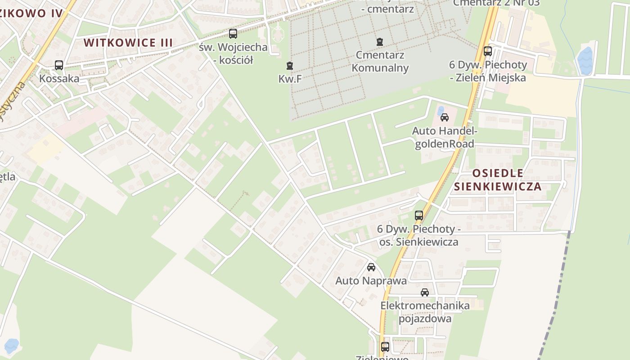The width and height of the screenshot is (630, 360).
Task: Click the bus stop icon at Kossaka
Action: pyautogui.click(x=59, y=65)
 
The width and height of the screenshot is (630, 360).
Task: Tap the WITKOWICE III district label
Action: pyautogui.click(x=128, y=43)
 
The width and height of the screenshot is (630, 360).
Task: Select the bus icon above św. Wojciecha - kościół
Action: pyautogui.click(x=233, y=33)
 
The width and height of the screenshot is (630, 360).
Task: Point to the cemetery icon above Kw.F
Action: pyautogui.click(x=290, y=66)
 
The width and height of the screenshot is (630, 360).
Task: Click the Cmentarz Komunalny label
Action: pyautogui.click(x=380, y=62)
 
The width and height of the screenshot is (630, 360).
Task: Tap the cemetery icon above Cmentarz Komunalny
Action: pyautogui.click(x=380, y=42)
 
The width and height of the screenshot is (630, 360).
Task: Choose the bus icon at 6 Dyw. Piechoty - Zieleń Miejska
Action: pyautogui.click(x=488, y=51)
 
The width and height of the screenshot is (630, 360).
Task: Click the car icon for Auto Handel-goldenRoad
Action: pyautogui.click(x=445, y=118)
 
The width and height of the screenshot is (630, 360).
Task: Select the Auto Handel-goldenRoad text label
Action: pyautogui.click(x=445, y=137)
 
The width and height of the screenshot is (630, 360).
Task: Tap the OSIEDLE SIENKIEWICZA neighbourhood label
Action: pyautogui.click(x=498, y=180)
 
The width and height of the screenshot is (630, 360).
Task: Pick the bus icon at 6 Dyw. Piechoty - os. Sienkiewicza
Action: pyautogui.click(x=419, y=216)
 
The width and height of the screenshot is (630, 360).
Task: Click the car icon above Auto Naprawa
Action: pyautogui.click(x=371, y=267)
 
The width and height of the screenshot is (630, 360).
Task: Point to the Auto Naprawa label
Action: pyautogui.click(x=371, y=281)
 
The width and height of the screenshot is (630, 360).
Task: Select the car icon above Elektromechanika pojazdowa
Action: pyautogui.click(x=425, y=292)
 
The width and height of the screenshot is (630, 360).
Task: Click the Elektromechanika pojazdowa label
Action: pyautogui.click(x=425, y=312)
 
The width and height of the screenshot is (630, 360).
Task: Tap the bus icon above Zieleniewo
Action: pyautogui.click(x=385, y=347)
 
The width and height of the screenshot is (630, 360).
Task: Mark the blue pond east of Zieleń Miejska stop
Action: pyautogui.click(x=585, y=61)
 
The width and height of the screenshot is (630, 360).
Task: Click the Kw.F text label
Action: pyautogui.click(x=290, y=79)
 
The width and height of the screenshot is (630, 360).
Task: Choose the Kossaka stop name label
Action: pyautogui.click(x=59, y=79)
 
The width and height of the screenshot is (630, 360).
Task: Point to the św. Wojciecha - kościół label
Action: pyautogui.click(x=233, y=53)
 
